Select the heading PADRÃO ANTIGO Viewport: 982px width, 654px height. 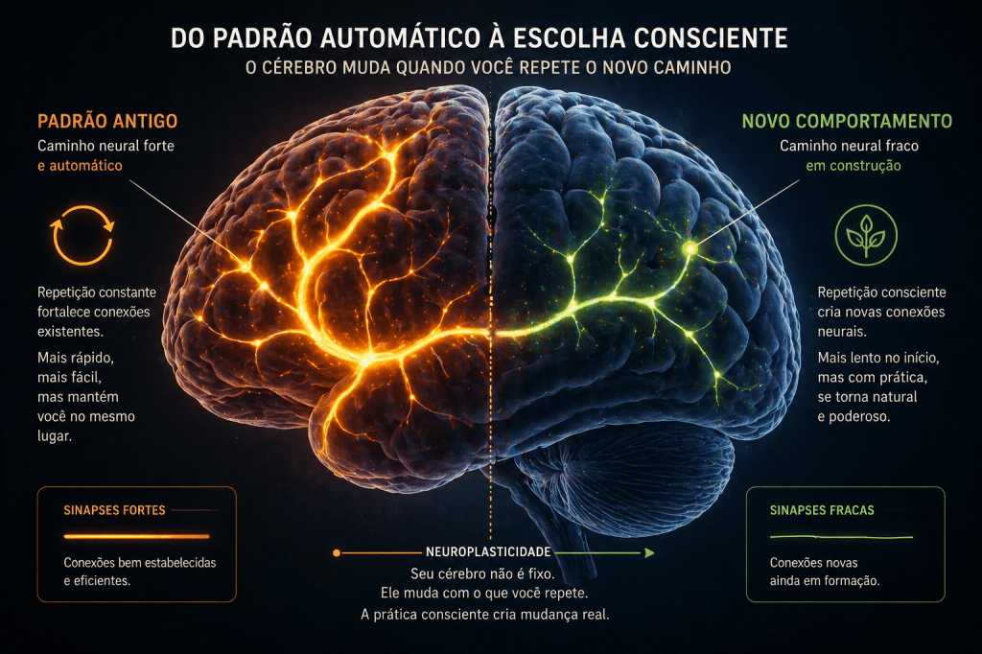pos(106,122)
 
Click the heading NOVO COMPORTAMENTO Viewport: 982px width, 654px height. pos(847,122)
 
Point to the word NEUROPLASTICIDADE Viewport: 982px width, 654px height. pos(487,553)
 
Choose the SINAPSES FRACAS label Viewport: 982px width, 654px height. pos(822,510)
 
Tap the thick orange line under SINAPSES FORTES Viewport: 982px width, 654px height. pos(135,536)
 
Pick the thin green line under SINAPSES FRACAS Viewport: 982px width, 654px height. pos(842,537)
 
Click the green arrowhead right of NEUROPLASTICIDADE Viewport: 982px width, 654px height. pos(649,553)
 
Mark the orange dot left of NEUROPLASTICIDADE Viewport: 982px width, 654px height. pos(336,553)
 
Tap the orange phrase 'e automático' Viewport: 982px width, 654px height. pos(81,166)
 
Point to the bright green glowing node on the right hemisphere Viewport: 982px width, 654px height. pos(689,248)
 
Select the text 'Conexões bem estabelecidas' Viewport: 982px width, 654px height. pos(139,563)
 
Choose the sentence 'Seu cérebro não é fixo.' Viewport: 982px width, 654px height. pos(490,573)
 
